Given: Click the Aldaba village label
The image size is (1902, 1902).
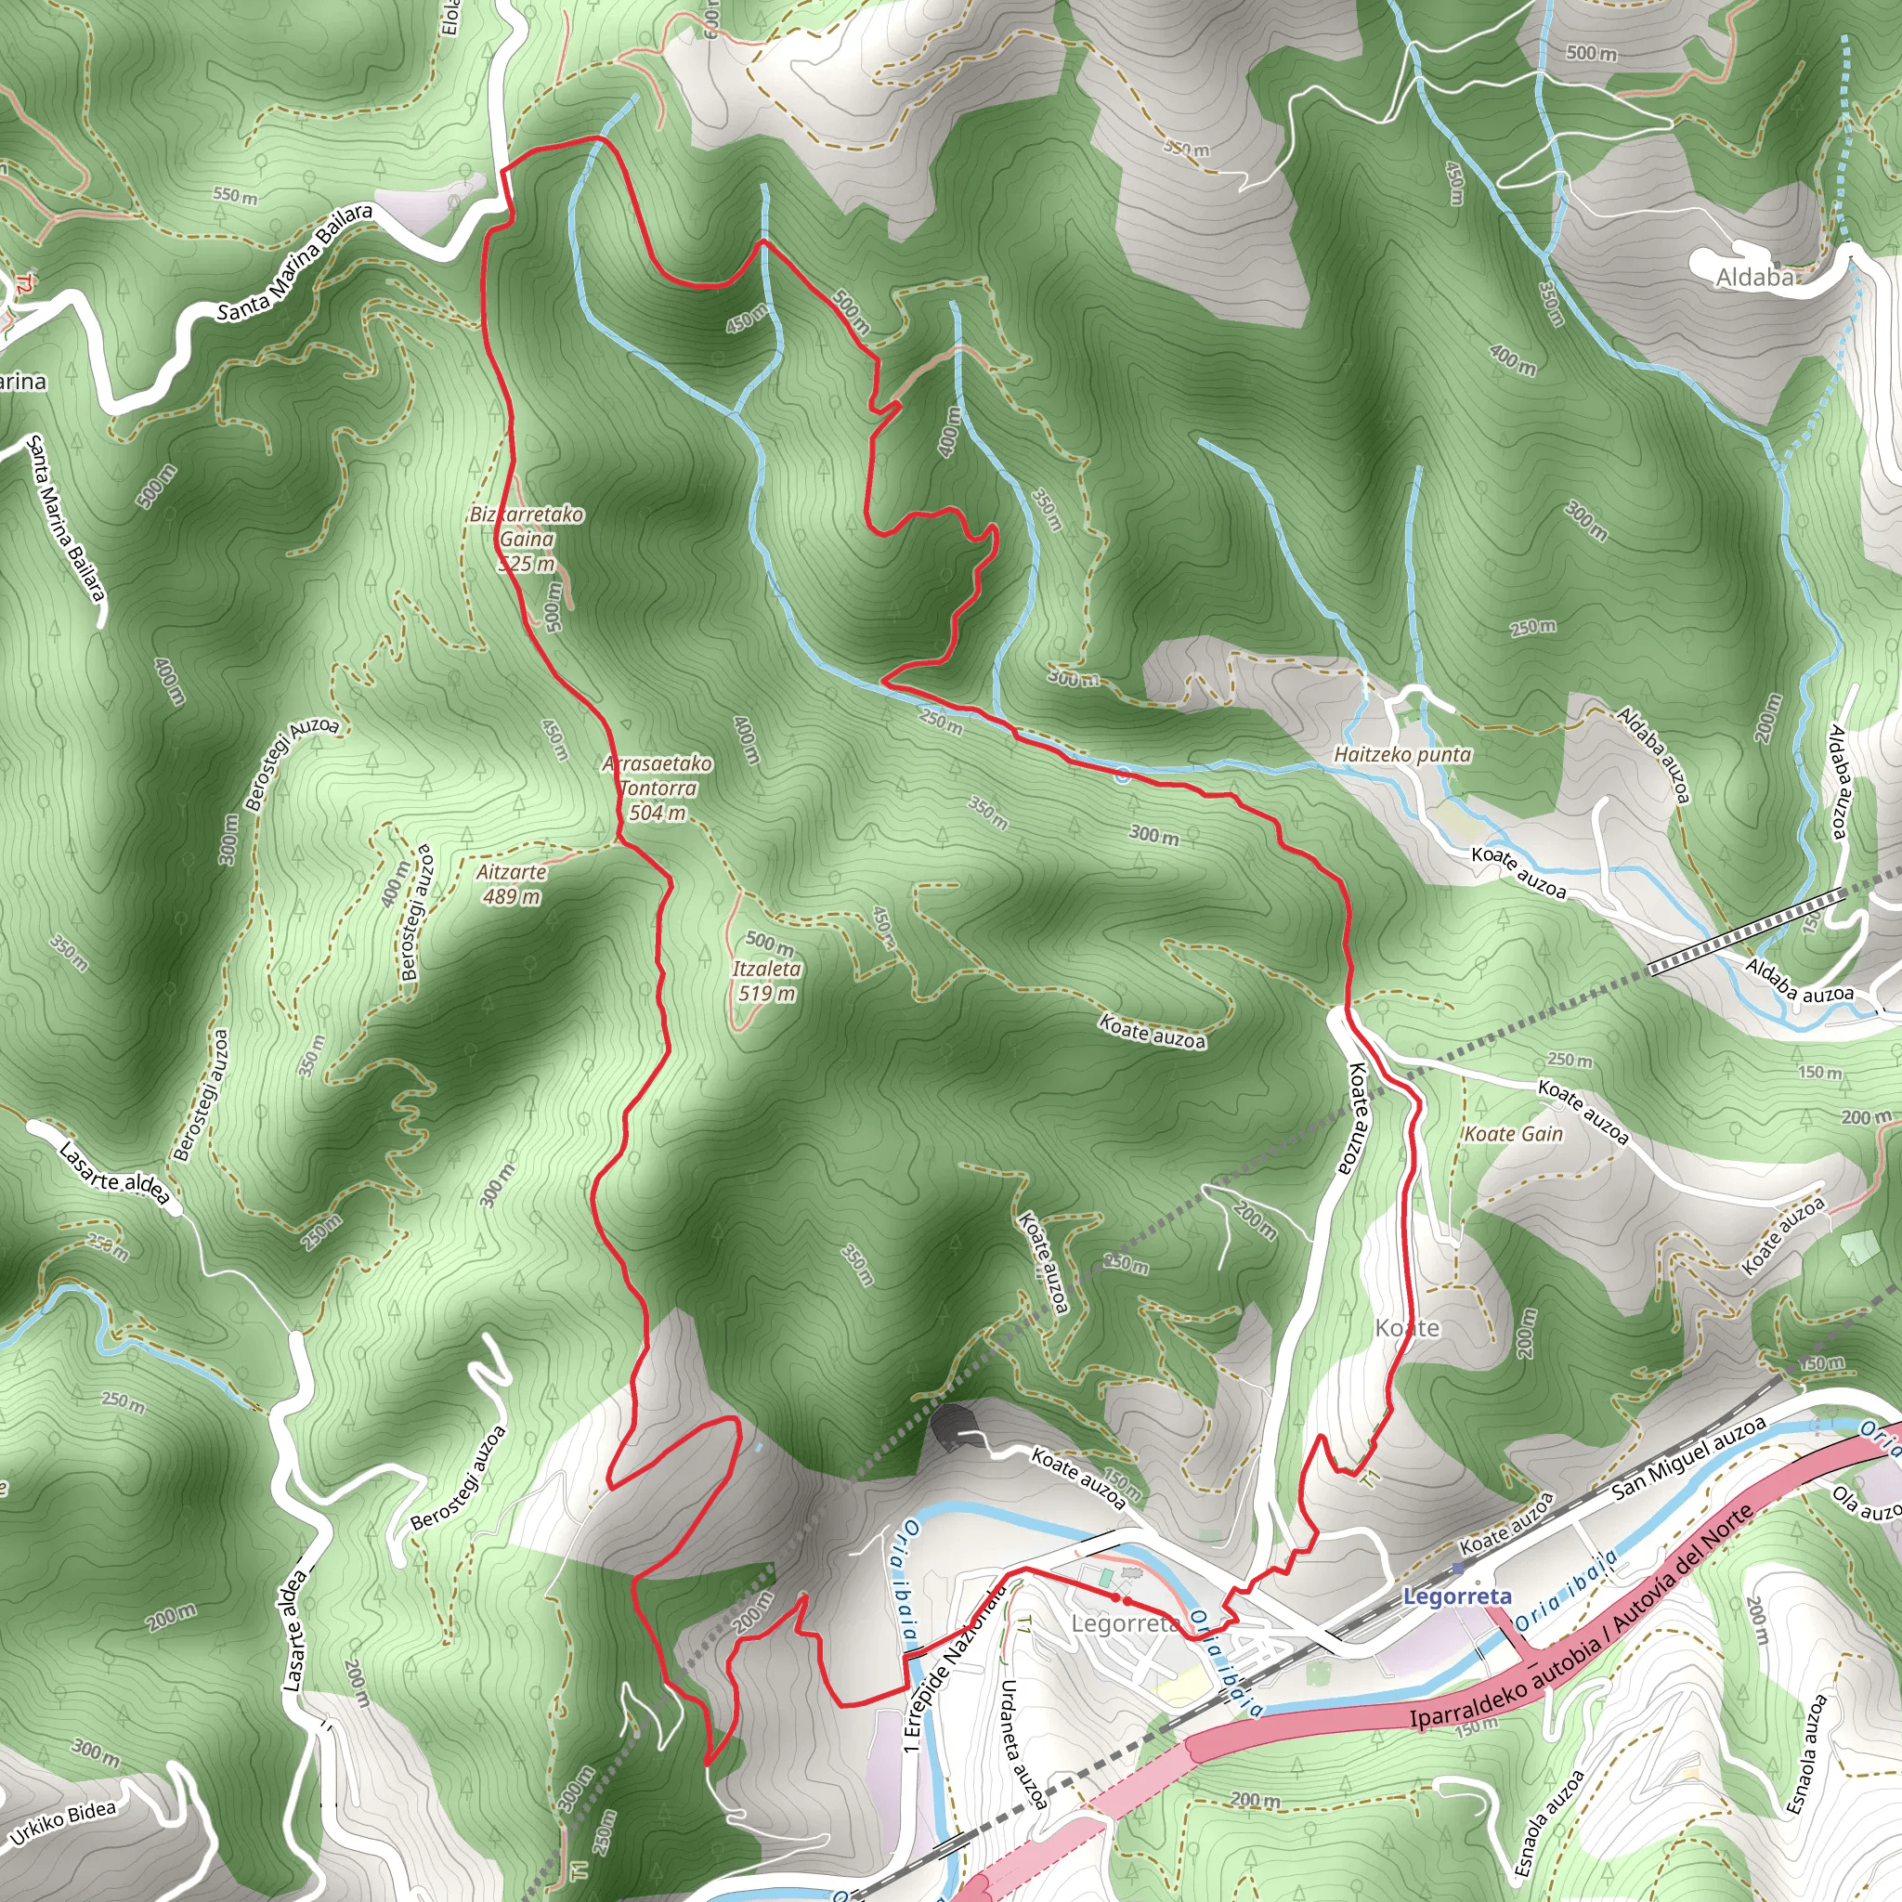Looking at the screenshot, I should click(x=1754, y=278).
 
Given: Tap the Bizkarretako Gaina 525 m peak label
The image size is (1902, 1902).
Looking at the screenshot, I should click(x=527, y=539).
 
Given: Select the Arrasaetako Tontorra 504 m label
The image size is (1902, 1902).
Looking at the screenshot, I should click(x=658, y=788).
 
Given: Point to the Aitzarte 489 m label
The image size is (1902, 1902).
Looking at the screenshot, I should click(x=511, y=883).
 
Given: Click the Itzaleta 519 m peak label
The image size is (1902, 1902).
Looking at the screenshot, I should click(x=766, y=981).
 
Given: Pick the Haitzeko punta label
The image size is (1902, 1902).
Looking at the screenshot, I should click(x=1401, y=755).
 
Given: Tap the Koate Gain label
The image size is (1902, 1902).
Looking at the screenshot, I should click(x=1513, y=1134).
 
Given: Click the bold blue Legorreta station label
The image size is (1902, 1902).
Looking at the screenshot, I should click(x=1457, y=1596).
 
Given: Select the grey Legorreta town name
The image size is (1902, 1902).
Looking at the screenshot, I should click(x=1125, y=1622).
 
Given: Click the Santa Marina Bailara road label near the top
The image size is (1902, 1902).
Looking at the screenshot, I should click(x=294, y=263).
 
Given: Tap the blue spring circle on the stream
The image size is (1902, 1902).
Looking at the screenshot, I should click(x=1122, y=775).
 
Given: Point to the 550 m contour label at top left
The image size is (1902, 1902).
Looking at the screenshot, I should click(x=235, y=195).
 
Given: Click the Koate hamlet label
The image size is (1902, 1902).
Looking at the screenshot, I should click(x=1407, y=1328).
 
